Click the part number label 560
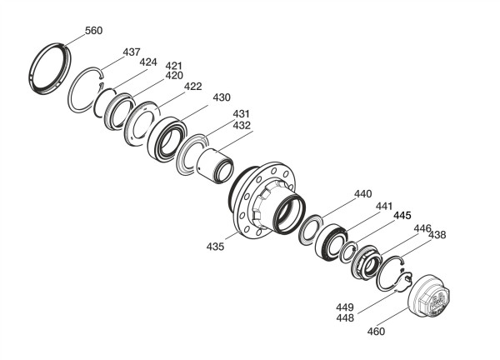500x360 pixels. tap(93, 31)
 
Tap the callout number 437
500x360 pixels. tap(132, 52)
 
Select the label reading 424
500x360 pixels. tap(148, 62)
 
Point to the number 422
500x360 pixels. tap(193, 87)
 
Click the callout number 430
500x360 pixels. tap(222, 97)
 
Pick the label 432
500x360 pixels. tap(242, 125)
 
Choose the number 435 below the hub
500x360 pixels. tap(215, 247)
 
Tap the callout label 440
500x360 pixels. tap(363, 194)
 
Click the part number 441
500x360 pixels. tap(384, 207)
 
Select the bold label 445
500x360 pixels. tap(402, 216)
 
